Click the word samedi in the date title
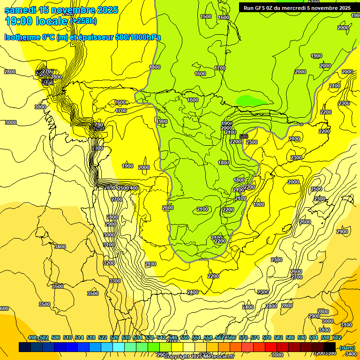pos(18,10)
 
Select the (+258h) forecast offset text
pos(83,21)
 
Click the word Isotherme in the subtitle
pos(22,37)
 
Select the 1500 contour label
pos(206,16)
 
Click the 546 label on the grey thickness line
pos(243,136)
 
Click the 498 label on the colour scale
pos(32,337)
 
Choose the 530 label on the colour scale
pos(126,337)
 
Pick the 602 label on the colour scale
pos(337,337)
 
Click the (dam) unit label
pos(346,347)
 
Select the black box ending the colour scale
pos(330,347)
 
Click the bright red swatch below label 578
pos(271,347)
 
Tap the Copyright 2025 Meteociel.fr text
pos(199,356)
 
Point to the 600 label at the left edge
pos(4,308)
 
